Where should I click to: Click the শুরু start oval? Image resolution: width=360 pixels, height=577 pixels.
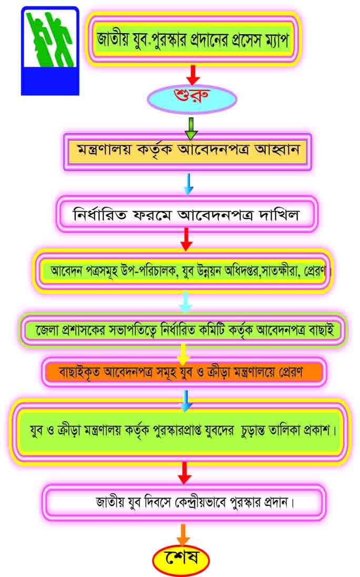tap(192, 98)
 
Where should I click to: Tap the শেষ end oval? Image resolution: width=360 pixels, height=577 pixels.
tap(181, 559)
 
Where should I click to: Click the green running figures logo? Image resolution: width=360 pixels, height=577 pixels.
tap(50, 51)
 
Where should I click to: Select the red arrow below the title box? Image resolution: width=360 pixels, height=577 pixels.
tap(193, 75)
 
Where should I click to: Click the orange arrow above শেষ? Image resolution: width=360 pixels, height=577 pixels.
tap(183, 534)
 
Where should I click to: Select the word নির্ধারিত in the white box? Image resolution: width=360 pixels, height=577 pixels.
tap(99, 214)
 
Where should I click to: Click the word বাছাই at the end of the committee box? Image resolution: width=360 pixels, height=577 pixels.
tap(322, 330)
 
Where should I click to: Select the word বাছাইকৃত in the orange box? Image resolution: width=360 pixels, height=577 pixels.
tap(79, 372)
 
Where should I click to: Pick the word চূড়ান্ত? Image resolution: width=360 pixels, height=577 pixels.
tap(253, 430)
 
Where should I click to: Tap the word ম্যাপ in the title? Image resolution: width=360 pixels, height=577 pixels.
tap(275, 39)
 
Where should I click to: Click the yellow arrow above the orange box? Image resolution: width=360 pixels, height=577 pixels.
tap(183, 354)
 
